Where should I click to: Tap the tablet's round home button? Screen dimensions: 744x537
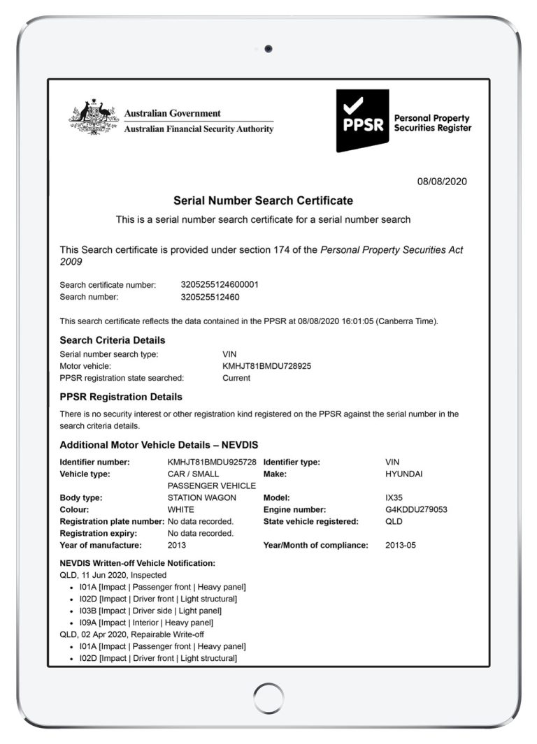pyautogui.click(x=268, y=698)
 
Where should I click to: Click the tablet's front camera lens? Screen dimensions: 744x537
pyautogui.click(x=268, y=48)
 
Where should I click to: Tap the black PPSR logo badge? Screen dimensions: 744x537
pyautogui.click(x=362, y=119)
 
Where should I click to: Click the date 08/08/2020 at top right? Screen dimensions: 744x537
pyautogui.click(x=442, y=182)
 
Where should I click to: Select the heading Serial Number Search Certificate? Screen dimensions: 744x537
pyautogui.click(x=263, y=201)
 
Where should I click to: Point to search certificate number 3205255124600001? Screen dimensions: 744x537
pyautogui.click(x=220, y=285)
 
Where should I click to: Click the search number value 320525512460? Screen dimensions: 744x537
pyautogui.click(x=210, y=297)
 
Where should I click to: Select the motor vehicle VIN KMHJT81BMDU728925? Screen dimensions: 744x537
pyautogui.click(x=266, y=366)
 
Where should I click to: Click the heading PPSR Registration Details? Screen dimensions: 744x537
pyautogui.click(x=121, y=397)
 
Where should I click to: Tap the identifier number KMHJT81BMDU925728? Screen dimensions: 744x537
pyautogui.click(x=212, y=462)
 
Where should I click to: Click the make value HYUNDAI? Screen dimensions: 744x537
pyautogui.click(x=404, y=474)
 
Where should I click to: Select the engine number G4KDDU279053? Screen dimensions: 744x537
pyautogui.click(x=416, y=510)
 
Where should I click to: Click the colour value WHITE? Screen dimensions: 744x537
pyautogui.click(x=181, y=510)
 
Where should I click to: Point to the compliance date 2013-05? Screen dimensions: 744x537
pyautogui.click(x=400, y=546)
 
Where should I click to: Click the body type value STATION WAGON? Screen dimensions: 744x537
pyautogui.click(x=202, y=498)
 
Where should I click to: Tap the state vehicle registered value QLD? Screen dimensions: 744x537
pyautogui.click(x=394, y=522)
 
